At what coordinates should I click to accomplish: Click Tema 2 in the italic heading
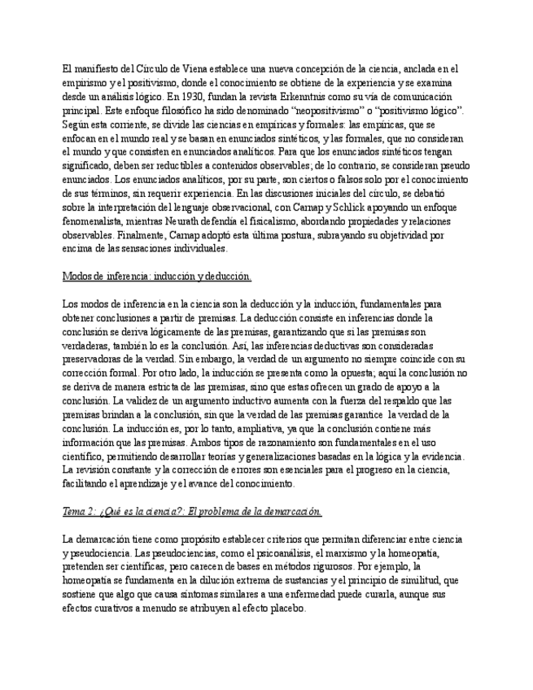[81, 511]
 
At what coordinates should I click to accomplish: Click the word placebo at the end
[286, 607]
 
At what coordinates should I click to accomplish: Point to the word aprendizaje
[168, 483]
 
